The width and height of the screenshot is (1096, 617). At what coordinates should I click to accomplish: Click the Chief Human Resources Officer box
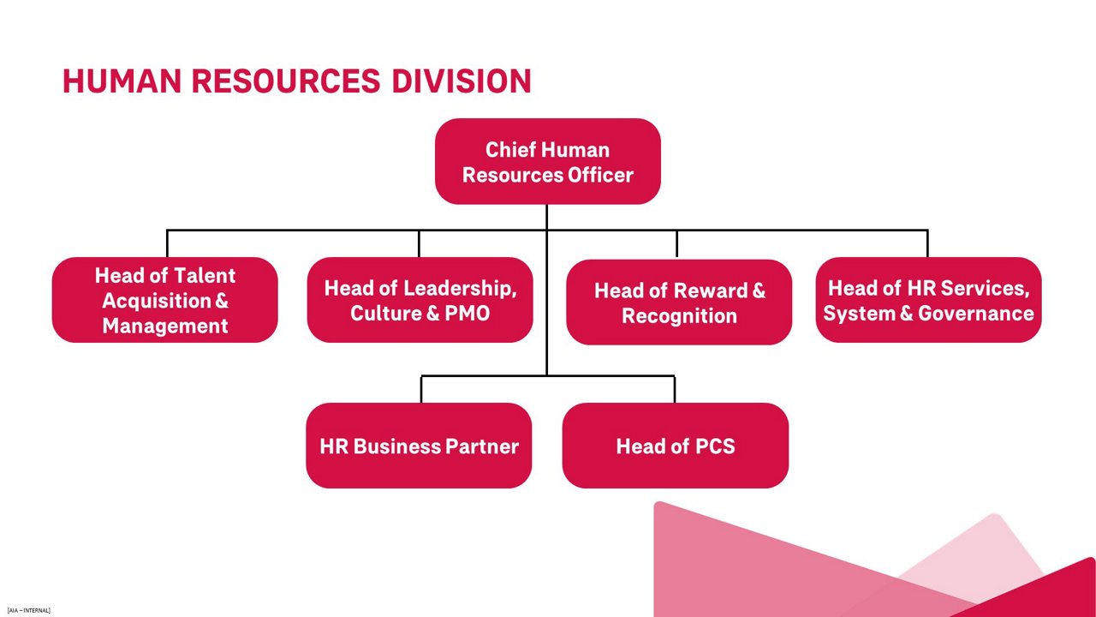click(547, 161)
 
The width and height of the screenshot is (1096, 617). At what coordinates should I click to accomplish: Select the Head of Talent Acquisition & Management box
click(164, 300)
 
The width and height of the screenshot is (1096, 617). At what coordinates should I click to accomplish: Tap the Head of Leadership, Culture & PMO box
click(420, 300)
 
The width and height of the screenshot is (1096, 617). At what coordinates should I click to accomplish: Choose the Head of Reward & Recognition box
click(678, 302)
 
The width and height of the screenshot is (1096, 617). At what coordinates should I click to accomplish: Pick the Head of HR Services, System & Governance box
click(928, 300)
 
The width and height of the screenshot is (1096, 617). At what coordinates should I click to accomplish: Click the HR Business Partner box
click(419, 446)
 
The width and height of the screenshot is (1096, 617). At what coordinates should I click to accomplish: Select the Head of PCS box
click(675, 446)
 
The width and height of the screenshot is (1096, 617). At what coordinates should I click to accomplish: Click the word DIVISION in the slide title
click(462, 81)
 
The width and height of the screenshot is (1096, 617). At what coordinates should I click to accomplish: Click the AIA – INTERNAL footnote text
click(28, 610)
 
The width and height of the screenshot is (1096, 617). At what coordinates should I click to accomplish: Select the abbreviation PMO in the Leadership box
click(467, 313)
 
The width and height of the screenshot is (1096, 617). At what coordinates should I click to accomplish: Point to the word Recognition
click(679, 315)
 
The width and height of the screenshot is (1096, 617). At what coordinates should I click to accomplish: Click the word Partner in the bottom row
click(484, 446)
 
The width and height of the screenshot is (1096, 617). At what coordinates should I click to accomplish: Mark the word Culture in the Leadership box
click(384, 313)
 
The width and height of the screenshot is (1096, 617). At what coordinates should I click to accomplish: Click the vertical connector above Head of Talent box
click(167, 243)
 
